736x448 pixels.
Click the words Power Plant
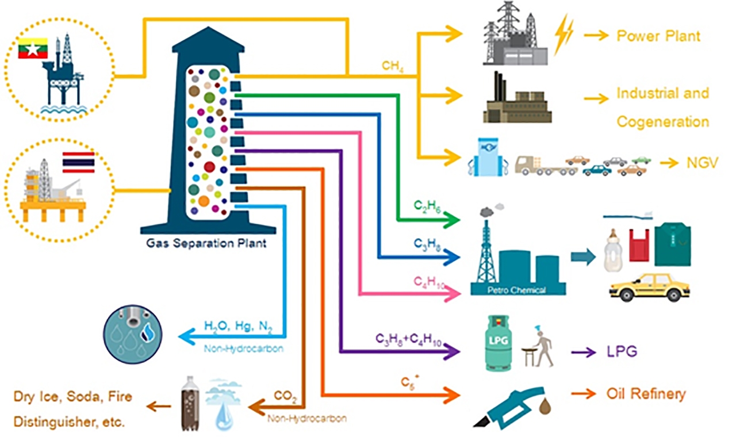(658, 36)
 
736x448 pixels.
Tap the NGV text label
(702, 163)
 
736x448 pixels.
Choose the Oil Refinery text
(646, 394)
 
